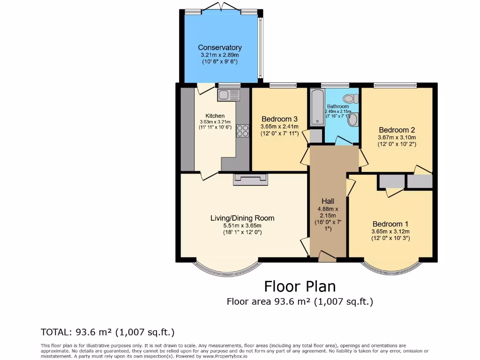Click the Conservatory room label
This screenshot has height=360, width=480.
pos(219,47)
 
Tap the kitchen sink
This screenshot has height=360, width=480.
pos(228,95)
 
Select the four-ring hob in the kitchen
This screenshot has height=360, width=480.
pos(243,130)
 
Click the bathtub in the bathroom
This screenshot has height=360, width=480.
pos(317,108)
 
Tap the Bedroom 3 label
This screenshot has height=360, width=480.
pos(279,119)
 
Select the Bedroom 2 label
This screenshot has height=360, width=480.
pos(397,130)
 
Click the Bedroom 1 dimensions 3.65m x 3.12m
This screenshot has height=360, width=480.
pos(390,232)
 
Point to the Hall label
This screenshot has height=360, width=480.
pos(328,201)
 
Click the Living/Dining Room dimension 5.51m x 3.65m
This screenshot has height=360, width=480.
pos(242,225)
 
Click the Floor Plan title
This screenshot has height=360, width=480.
pos(300,286)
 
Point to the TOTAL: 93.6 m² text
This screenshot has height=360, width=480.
pos(108,332)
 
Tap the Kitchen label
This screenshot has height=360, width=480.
pos(215,116)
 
